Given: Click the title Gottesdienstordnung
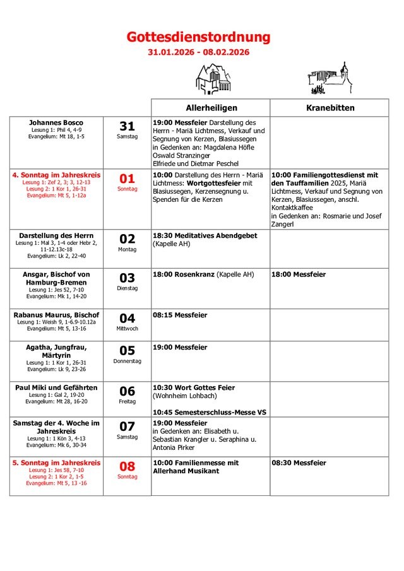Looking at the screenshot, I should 198,37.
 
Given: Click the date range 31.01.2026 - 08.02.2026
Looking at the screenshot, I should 198,52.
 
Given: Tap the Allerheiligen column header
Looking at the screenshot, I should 211,108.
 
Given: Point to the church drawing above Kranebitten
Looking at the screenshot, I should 329,78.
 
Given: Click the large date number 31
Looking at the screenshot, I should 127,126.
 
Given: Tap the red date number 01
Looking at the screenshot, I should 127,179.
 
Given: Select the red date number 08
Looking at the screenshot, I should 127,466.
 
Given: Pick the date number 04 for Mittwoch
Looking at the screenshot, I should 127,318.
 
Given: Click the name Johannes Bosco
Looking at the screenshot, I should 56,122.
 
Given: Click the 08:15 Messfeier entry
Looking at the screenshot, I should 180,315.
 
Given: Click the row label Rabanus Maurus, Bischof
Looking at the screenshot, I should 56,315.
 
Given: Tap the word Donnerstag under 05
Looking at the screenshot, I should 127,362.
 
